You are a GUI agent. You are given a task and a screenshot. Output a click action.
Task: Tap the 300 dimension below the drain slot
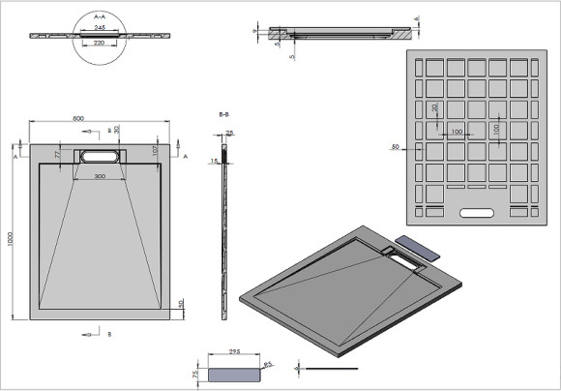(x=101, y=177)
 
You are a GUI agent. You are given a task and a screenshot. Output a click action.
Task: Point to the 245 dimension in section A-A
(x=101, y=28)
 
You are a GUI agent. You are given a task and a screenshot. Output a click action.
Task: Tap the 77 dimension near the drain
(x=57, y=153)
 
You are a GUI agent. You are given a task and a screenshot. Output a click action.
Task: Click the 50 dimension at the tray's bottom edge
(x=182, y=304)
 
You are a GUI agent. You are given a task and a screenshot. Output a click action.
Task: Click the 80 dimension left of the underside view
(x=395, y=147)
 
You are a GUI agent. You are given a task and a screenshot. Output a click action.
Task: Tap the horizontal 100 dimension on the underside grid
(x=456, y=131)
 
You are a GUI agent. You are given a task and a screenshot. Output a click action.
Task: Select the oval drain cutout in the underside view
(x=475, y=211)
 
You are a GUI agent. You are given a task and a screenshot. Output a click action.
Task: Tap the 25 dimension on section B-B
(x=230, y=133)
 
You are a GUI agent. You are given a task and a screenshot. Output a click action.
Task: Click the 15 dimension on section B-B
(x=214, y=161)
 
